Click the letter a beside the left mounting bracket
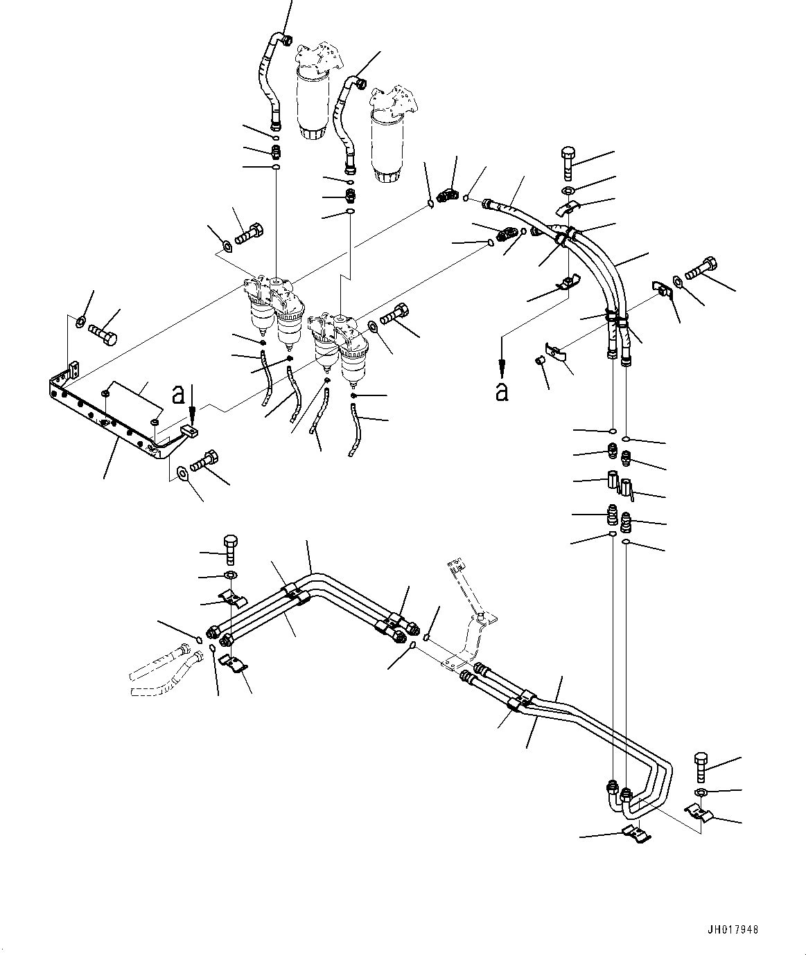178,395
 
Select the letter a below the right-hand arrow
502,392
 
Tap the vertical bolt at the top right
568,163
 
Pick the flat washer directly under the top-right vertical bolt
568,190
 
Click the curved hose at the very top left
273,82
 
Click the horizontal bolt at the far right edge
701,268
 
